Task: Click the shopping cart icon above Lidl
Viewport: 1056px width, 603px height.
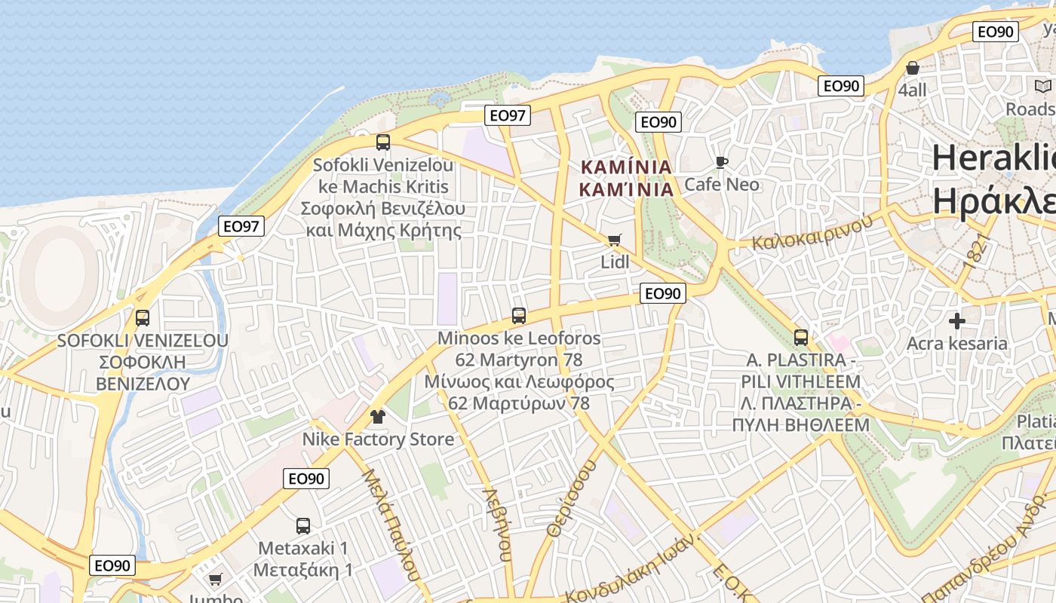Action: pyautogui.click(x=615, y=240)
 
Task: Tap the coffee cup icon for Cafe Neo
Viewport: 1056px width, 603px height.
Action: pyautogui.click(x=722, y=162)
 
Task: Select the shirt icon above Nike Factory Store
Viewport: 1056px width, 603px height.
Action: pyautogui.click(x=378, y=417)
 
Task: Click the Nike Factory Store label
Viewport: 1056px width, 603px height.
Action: pyautogui.click(x=378, y=439)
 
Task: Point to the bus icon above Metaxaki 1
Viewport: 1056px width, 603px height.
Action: pyautogui.click(x=303, y=526)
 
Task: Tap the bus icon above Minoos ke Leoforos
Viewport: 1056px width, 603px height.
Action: pyautogui.click(x=519, y=316)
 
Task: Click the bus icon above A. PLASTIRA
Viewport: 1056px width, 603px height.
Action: pyautogui.click(x=801, y=338)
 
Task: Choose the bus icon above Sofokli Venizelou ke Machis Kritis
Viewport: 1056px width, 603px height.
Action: pyautogui.click(x=383, y=142)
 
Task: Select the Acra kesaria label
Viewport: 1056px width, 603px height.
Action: pyautogui.click(x=957, y=344)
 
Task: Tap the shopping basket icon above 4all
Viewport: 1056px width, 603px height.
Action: pyautogui.click(x=913, y=68)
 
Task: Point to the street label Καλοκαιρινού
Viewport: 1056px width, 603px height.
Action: pyautogui.click(x=812, y=232)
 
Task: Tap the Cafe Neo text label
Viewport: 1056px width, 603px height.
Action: pyautogui.click(x=722, y=184)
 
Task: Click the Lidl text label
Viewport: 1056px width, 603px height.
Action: pyautogui.click(x=615, y=262)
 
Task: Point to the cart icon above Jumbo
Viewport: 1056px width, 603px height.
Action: pyautogui.click(x=216, y=580)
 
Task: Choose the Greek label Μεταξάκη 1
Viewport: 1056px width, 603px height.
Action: pyautogui.click(x=303, y=569)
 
